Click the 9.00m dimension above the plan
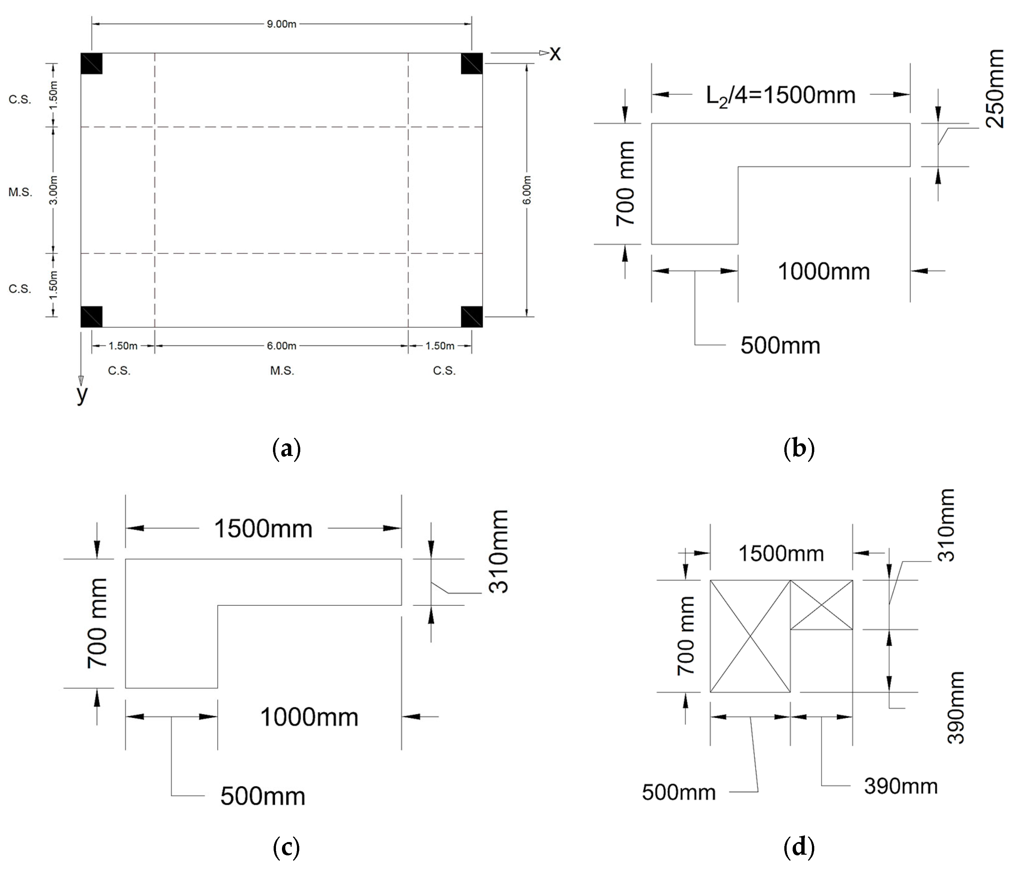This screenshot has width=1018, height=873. (x=282, y=24)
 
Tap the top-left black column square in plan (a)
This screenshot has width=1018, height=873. (x=92, y=63)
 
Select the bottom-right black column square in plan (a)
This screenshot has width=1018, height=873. (x=472, y=317)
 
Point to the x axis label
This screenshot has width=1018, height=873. (x=555, y=53)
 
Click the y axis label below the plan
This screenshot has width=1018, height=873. (x=82, y=393)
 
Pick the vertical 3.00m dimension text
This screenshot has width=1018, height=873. (x=54, y=190)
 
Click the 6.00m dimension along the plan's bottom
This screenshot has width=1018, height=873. (x=282, y=346)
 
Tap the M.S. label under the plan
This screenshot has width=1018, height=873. (x=282, y=371)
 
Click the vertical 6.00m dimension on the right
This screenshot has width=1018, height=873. (x=527, y=190)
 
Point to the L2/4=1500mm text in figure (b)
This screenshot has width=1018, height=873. (x=781, y=95)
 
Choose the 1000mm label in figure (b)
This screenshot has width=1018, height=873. (x=824, y=271)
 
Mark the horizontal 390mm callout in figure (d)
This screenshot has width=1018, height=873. (x=900, y=786)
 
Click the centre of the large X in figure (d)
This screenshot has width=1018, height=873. (x=750, y=636)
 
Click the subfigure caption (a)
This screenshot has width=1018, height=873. (x=286, y=449)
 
